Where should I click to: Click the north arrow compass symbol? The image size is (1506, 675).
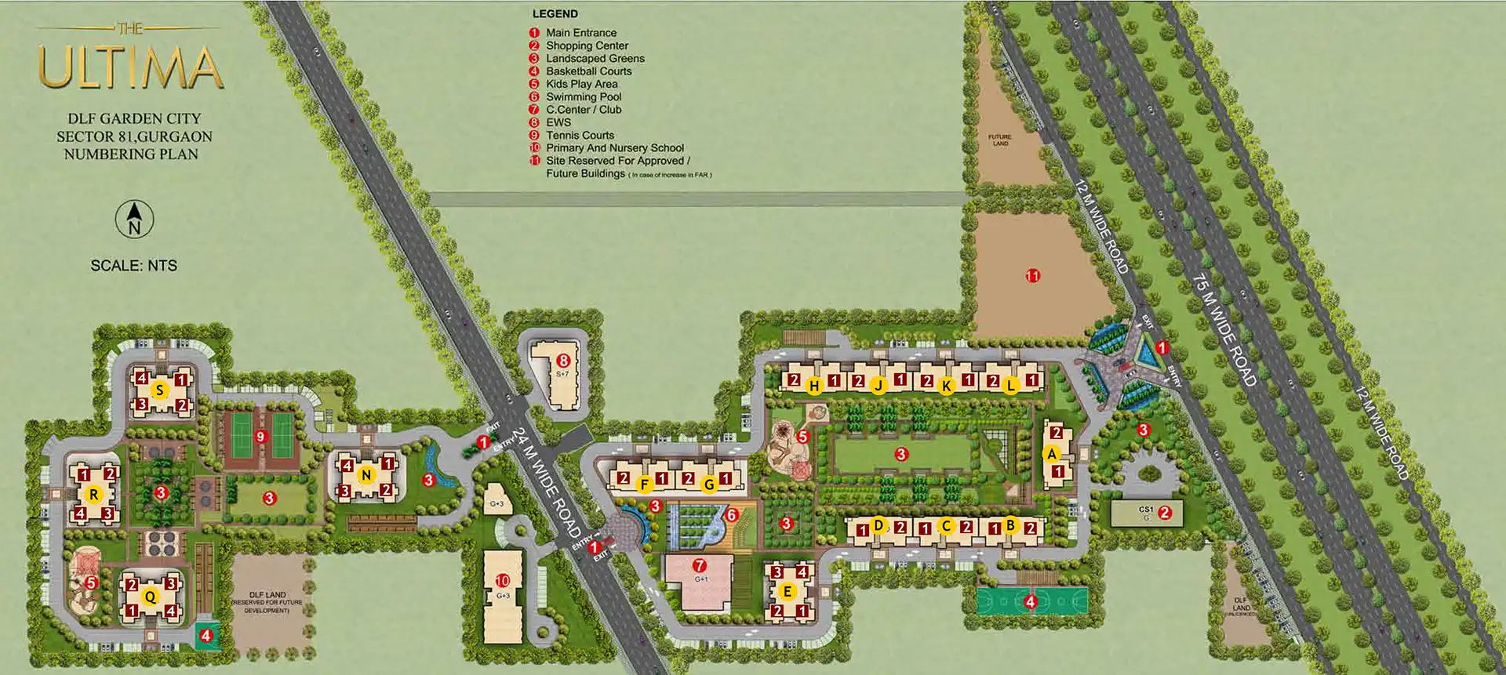coord(134,219)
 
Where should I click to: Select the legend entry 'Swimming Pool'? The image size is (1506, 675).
coord(583,97)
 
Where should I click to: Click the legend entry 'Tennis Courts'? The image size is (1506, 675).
coord(580,136)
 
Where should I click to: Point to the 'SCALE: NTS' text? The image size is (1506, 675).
coord(134,266)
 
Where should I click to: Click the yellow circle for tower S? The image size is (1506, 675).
coord(160,390)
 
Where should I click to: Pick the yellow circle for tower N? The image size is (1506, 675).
coord(366,475)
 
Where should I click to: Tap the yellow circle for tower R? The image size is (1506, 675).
coord(94,495)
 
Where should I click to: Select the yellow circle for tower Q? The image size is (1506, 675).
coord(150,597)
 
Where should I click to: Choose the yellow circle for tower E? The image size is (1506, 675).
coord(788,592)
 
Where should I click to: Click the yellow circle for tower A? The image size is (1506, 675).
coord(1052,454)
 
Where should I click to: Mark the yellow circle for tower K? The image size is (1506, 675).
coord(947,386)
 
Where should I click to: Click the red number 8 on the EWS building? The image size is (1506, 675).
coord(563,361)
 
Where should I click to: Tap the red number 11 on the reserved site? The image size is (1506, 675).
coord(1033,276)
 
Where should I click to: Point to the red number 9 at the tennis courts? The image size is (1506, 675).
coord(261,437)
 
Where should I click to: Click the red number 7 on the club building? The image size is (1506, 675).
coord(700,565)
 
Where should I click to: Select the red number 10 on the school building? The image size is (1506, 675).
coord(503,581)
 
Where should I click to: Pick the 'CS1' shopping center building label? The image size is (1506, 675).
coord(1145,510)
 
